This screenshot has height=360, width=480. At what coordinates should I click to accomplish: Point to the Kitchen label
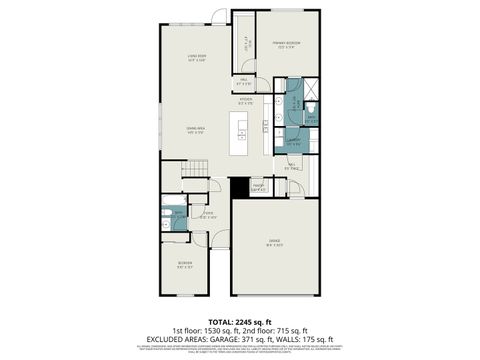pos(245,100)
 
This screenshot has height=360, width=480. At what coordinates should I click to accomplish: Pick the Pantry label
pos(258,186)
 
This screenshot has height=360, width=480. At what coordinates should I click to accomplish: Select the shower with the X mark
pos(311,109)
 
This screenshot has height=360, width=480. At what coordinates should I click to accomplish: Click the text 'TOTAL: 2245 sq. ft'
pos(240,321)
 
